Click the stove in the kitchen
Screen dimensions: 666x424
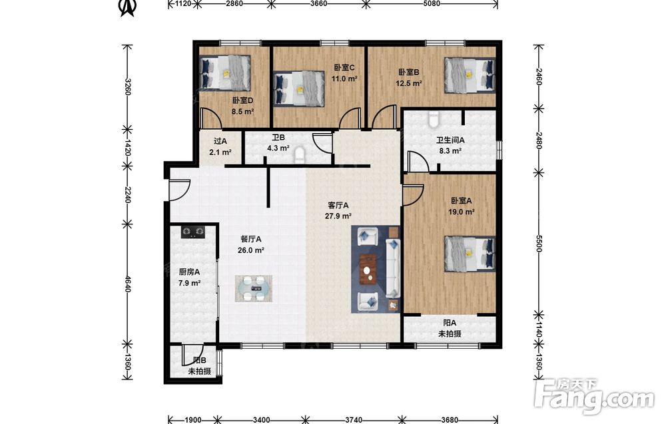click(x=193, y=232)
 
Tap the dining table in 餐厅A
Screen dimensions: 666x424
click(x=254, y=288)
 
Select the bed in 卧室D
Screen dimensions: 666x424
click(x=224, y=73)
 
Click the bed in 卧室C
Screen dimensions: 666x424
click(x=300, y=89)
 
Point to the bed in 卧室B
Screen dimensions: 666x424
click(x=470, y=75)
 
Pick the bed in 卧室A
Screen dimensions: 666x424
click(x=470, y=253)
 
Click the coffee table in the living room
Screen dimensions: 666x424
click(x=368, y=269)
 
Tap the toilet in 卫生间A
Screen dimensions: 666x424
click(x=433, y=119)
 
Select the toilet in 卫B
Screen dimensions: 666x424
click(x=300, y=155)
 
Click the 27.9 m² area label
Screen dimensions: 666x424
click(x=338, y=216)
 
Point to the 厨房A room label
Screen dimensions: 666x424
click(x=189, y=272)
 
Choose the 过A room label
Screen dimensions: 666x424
click(x=220, y=141)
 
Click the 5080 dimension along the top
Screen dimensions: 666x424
click(x=432, y=4)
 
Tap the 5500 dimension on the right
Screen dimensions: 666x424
click(x=539, y=243)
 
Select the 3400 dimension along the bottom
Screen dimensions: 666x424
click(x=261, y=420)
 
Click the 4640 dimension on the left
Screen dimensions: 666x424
click(x=127, y=284)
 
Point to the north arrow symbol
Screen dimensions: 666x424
click(x=127, y=7)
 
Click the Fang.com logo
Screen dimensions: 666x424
click(x=594, y=397)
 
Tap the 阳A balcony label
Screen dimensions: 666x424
click(x=450, y=323)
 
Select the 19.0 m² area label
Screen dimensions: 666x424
click(x=462, y=212)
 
